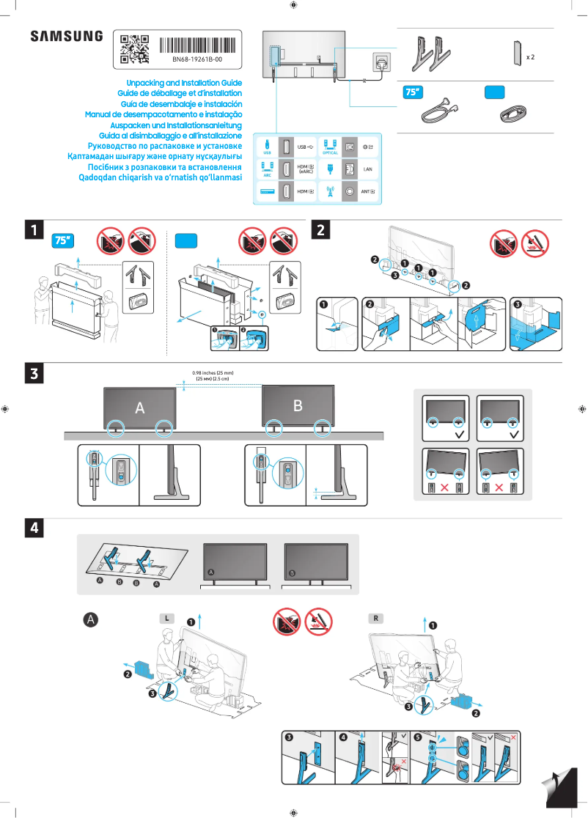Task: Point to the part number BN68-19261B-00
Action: click(x=197, y=59)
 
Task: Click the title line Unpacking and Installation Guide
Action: click(x=184, y=84)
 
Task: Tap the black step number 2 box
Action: click(x=321, y=230)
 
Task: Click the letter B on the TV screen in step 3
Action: click(x=298, y=405)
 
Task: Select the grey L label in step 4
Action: click(x=168, y=619)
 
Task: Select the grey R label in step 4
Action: click(x=375, y=619)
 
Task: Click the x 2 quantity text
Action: click(x=530, y=56)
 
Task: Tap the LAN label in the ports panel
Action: click(x=369, y=169)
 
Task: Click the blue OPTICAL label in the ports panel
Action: click(x=330, y=152)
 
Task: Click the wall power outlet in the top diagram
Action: click(x=382, y=63)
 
